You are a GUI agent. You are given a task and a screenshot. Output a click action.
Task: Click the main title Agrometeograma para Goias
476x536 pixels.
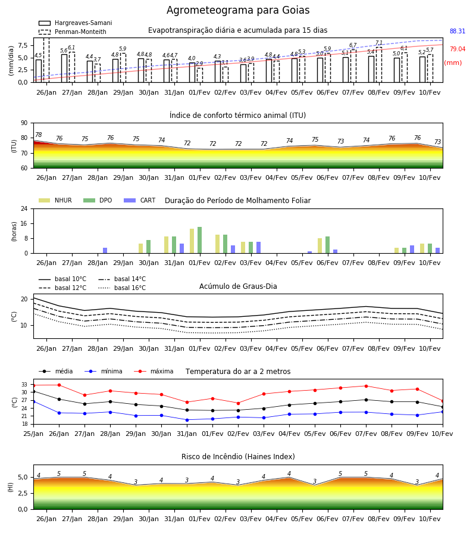point(238,10)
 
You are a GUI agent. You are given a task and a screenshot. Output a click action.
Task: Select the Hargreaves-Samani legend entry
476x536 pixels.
point(76,23)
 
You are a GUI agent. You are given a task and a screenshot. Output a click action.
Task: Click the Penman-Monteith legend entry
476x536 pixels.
point(73,32)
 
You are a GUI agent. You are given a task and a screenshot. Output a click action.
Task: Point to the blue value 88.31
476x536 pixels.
point(458,31)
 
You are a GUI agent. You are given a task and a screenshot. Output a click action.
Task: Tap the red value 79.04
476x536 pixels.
point(458,49)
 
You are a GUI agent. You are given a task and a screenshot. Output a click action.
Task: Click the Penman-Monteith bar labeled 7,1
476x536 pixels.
point(379,64)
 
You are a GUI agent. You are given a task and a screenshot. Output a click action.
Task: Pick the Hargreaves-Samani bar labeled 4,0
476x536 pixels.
point(192,73)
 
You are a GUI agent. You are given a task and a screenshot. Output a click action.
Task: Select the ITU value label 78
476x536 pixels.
point(39,135)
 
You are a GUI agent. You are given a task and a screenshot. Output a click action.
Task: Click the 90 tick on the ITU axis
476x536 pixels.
point(24,123)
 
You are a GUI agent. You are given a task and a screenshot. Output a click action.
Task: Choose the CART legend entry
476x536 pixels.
point(140,200)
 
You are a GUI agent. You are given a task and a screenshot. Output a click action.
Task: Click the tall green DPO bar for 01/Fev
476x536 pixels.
point(200,240)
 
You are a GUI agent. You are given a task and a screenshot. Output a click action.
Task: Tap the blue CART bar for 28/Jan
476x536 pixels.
point(105,251)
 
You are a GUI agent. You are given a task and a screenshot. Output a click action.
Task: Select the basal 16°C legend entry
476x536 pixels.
point(122,288)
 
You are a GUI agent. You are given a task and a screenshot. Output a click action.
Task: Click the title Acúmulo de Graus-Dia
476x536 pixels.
point(238,286)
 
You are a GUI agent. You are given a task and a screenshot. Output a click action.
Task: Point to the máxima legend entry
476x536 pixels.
point(154,371)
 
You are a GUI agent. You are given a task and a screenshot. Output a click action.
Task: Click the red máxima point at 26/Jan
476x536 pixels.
point(59,385)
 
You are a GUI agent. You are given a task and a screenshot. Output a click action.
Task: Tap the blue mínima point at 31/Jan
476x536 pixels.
point(187,420)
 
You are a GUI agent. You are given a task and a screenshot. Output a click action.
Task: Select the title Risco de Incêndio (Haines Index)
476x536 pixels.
point(238,457)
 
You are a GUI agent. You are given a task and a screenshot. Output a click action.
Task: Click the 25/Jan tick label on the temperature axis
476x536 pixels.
point(33,434)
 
